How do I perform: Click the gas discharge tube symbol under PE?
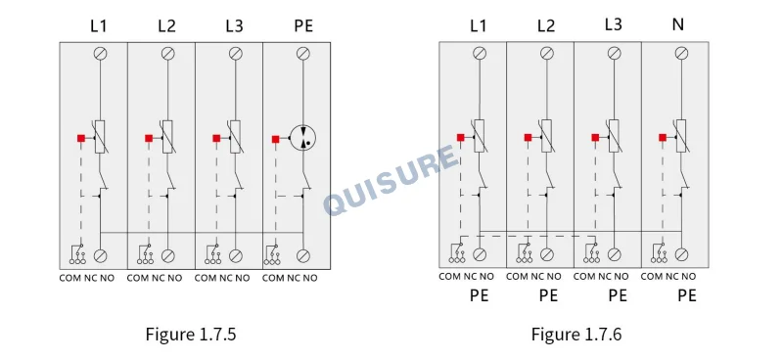click(303, 136)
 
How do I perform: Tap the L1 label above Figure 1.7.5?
click(99, 26)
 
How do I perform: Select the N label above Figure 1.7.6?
click(677, 24)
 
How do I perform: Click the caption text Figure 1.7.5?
click(190, 334)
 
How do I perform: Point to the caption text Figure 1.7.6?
click(576, 334)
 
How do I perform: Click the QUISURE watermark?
click(391, 180)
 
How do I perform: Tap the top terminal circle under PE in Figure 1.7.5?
click(303, 54)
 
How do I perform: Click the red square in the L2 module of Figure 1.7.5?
click(149, 138)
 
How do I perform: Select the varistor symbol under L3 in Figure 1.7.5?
click(235, 136)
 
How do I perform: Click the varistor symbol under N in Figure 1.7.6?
click(681, 136)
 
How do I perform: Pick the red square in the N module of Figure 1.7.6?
click(663, 137)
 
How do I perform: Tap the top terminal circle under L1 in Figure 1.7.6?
click(480, 53)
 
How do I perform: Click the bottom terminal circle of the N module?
click(681, 254)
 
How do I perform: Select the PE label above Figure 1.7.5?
click(303, 26)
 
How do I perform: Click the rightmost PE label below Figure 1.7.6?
click(687, 295)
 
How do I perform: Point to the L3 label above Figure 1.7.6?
click(613, 24)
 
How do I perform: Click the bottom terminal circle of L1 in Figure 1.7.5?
click(101, 256)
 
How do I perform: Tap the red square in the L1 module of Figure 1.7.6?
click(460, 137)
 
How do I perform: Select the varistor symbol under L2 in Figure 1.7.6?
click(547, 136)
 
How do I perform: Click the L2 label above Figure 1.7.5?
click(166, 26)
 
